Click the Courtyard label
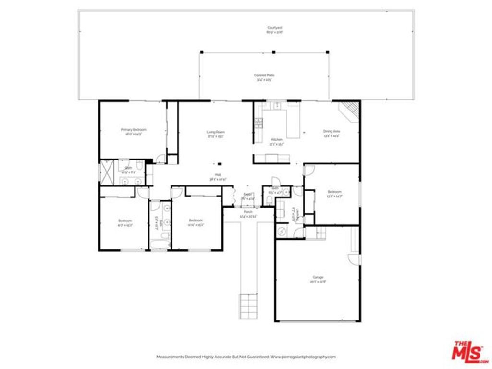pos(275,30)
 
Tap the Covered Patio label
pos(264,77)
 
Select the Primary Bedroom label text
pos(133,131)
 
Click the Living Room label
pos(216,134)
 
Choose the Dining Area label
pos(332,133)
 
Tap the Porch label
pos(248,214)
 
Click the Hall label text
pos(218,176)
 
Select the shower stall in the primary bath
pos(105,173)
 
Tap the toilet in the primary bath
pos(138,166)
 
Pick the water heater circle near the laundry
pos(282,231)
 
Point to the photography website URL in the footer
pos(303,357)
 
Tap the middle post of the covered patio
pos(273,52)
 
